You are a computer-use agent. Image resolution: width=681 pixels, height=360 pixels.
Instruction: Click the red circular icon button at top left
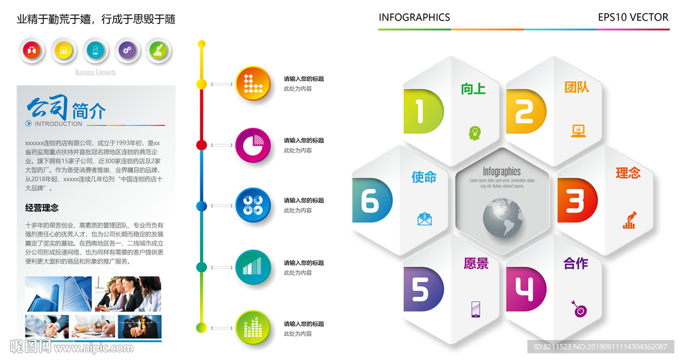click(x=32, y=50)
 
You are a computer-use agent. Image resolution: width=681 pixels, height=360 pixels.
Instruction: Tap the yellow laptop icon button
click(x=63, y=50)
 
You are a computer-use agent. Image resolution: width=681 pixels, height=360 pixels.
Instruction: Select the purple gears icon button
click(x=127, y=50)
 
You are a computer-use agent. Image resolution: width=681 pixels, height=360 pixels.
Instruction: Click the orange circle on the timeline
click(x=253, y=84)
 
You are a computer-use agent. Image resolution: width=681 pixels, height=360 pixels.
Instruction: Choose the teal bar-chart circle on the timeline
click(x=253, y=268)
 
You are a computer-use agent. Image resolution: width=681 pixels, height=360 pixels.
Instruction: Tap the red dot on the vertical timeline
click(x=202, y=145)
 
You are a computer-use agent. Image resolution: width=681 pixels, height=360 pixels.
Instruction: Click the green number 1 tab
click(x=422, y=111)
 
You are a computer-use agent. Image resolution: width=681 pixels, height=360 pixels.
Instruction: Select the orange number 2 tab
click(x=525, y=111)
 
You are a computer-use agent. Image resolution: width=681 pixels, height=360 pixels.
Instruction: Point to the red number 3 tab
click(x=576, y=200)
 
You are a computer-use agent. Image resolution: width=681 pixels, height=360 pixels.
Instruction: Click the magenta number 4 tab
click(x=525, y=289)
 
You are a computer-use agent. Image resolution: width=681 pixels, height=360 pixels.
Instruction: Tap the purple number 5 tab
click(x=422, y=289)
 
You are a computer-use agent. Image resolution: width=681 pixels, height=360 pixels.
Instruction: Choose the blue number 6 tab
click(x=372, y=200)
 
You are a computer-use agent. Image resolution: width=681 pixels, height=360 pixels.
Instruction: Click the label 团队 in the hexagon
click(x=577, y=87)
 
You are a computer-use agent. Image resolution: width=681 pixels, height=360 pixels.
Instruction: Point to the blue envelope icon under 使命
click(x=424, y=218)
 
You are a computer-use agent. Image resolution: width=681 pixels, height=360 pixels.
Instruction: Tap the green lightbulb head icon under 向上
click(x=475, y=132)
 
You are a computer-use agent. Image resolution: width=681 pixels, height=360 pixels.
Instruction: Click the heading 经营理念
click(x=42, y=208)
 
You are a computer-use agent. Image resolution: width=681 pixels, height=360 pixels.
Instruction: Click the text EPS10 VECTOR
click(x=632, y=18)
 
